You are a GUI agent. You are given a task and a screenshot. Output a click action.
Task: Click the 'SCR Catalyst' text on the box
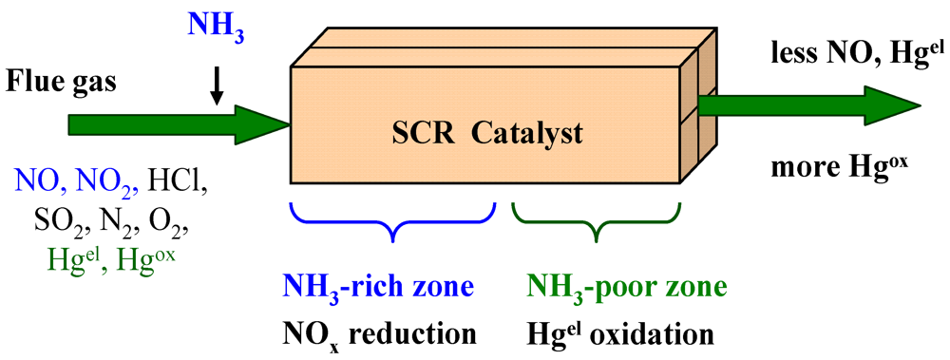tap(487, 135)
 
